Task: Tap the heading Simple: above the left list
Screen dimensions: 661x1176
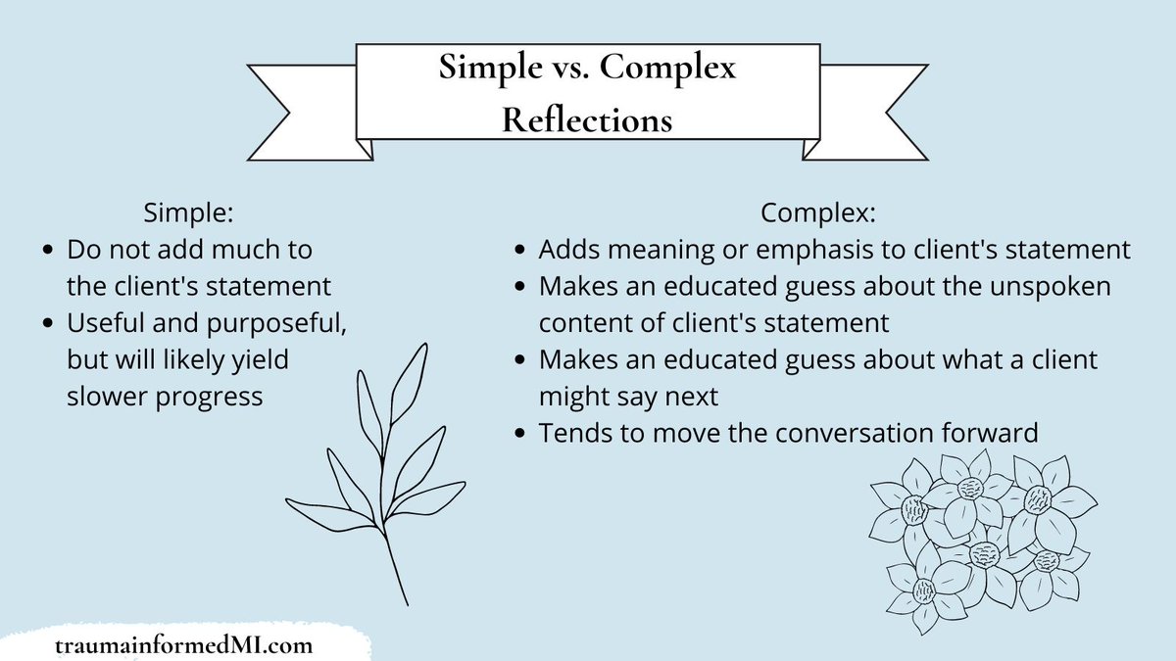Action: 188,212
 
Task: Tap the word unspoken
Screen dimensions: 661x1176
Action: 1069,286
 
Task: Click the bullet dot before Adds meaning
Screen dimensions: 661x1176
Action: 520,251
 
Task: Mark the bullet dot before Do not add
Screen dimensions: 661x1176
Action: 49,251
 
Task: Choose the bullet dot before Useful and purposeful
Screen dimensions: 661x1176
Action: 49,324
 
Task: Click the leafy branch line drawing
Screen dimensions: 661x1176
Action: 377,470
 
